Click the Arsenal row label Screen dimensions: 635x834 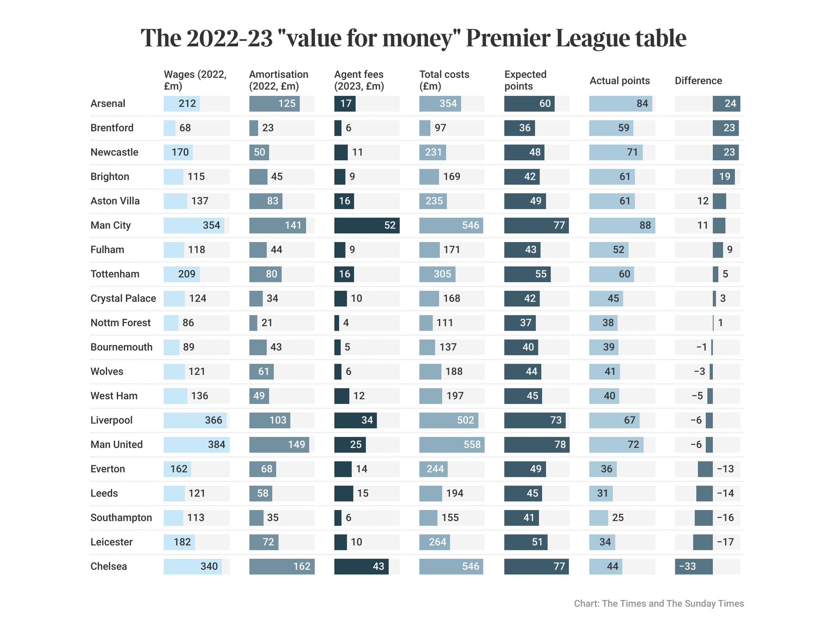click(108, 103)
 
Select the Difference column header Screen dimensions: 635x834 click(698, 81)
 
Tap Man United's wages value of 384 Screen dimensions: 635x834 click(216, 445)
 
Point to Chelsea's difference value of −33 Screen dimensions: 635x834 click(687, 567)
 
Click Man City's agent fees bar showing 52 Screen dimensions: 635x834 click(367, 225)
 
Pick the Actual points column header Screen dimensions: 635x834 click(619, 81)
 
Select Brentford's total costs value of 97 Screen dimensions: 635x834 click(440, 128)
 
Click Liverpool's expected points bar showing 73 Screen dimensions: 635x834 click(534, 420)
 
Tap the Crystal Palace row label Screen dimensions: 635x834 click(123, 298)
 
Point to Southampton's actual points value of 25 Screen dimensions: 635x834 click(618, 518)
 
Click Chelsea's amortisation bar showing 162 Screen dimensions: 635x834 click(282, 567)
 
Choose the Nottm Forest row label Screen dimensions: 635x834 click(120, 323)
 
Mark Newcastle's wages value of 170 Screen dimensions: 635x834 click(180, 153)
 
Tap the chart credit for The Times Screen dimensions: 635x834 click(658, 603)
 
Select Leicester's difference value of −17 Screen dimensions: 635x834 click(725, 542)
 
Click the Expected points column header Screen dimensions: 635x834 click(525, 80)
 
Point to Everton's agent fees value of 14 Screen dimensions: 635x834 click(361, 469)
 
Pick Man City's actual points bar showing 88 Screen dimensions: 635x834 click(622, 225)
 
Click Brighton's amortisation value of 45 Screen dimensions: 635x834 click(277, 177)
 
